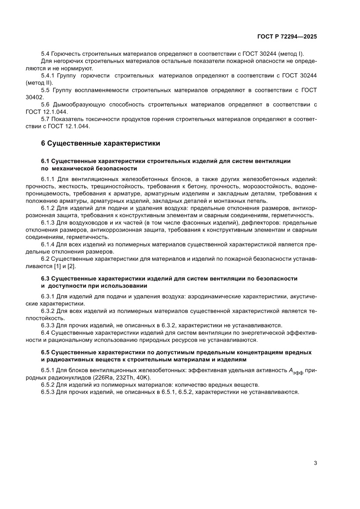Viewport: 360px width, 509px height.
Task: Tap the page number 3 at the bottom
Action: click(x=315, y=463)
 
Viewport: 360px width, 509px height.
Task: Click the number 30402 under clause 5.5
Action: click(x=49, y=97)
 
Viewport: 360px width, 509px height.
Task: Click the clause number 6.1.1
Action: click(x=48, y=179)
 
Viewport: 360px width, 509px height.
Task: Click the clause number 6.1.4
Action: click(x=48, y=244)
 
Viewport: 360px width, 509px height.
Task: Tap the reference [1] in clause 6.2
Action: click(x=57, y=266)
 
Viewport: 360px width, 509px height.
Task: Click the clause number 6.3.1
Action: click(x=48, y=297)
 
